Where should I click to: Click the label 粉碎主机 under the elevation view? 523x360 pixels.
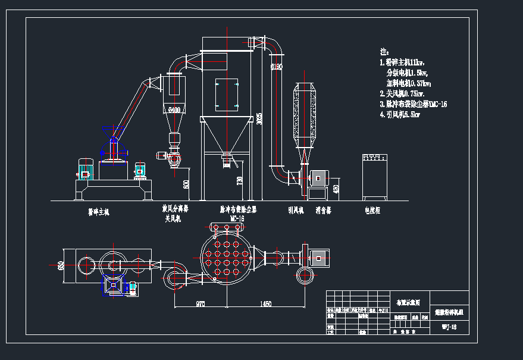[99, 211]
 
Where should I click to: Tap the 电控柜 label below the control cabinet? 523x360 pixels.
[372, 209]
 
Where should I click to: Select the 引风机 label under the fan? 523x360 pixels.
[296, 209]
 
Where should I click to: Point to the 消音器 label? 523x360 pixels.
[324, 209]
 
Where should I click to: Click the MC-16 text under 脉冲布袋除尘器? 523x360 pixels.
[237, 218]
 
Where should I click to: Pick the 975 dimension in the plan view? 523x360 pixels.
[200, 304]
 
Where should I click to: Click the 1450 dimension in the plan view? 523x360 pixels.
[265, 304]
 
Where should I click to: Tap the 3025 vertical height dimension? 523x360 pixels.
[259, 118]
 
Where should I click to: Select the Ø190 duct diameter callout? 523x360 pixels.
[275, 67]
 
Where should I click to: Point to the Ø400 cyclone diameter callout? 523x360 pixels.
[174, 109]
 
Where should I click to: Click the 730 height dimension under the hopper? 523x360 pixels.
[240, 179]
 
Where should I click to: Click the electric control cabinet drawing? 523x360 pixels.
[375, 177]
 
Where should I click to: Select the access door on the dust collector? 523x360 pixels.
[227, 93]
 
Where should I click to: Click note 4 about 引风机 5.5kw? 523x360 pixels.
[400, 115]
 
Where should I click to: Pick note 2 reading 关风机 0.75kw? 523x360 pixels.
[402, 93]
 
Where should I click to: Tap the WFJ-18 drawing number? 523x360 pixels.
[449, 327]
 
